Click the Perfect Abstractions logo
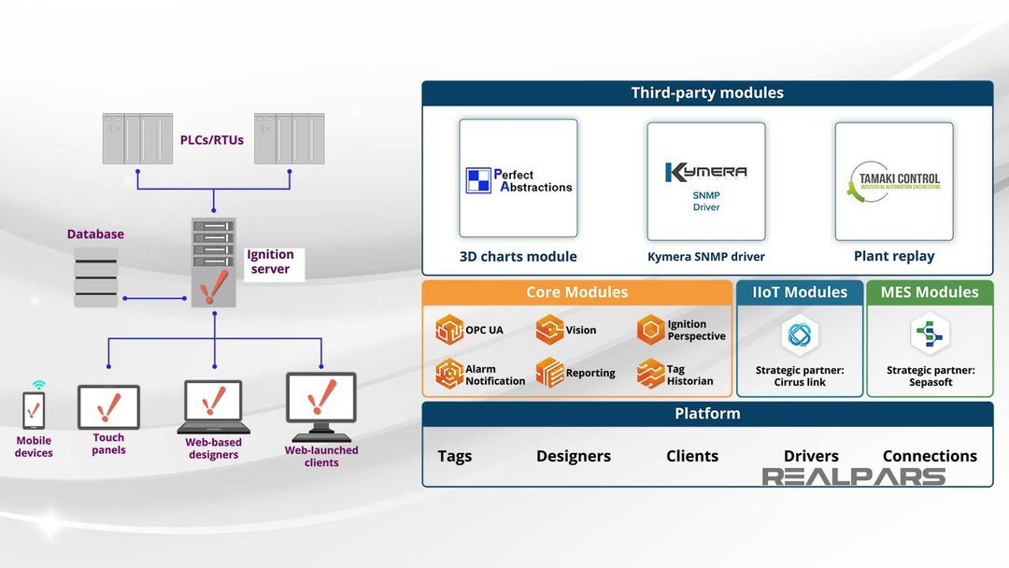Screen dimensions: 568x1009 click(519, 179)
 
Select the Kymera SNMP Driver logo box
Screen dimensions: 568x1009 click(706, 181)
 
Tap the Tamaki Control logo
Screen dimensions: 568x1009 click(894, 181)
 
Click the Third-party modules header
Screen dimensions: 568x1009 click(707, 93)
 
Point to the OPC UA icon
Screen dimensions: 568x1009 click(449, 330)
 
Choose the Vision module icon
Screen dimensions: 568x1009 click(549, 330)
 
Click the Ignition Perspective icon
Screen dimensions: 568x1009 click(651, 330)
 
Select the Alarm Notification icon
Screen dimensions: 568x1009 click(449, 374)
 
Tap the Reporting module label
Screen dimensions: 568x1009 click(590, 374)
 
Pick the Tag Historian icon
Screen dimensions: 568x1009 click(651, 374)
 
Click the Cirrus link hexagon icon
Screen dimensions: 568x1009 click(800, 334)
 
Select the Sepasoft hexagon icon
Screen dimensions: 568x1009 click(930, 334)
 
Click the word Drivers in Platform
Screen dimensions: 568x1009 click(811, 456)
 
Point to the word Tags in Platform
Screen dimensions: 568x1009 click(455, 456)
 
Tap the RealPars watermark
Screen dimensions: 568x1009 click(853, 477)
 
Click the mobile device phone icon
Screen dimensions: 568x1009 click(34, 409)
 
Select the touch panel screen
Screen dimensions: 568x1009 click(108, 407)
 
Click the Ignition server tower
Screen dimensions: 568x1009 click(214, 263)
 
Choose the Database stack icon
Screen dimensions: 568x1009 click(96, 277)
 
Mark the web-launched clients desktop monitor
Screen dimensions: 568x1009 click(321, 403)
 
